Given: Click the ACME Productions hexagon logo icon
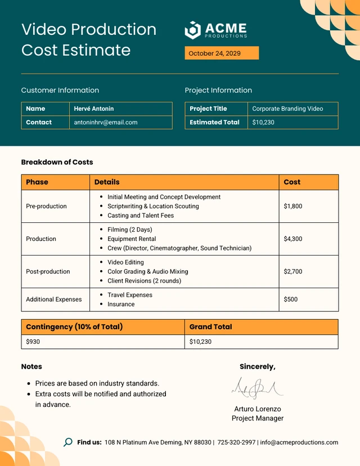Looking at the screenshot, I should tap(193, 30).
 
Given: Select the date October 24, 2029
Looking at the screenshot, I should tap(214, 53).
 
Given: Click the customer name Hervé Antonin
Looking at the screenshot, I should tap(93, 109).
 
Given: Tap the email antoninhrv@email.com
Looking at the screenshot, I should tap(106, 122).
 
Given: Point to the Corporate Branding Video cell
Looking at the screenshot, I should tap(287, 109).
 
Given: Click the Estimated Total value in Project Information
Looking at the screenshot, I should tap(263, 122).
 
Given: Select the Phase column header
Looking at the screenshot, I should tap(37, 182).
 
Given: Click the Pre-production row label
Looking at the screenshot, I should tap(46, 206).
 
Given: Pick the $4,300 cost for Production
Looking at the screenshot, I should tap(293, 239).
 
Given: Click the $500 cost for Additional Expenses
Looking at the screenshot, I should tap(291, 299).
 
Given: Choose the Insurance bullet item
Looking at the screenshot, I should tap(121, 304).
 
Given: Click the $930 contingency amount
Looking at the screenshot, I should tap(33, 342).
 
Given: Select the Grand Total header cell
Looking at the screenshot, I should tap(210, 327).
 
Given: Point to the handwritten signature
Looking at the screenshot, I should tap(256, 388).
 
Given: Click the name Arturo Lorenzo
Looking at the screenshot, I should tap(257, 409).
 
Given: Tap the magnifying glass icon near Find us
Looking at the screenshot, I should tap(68, 442).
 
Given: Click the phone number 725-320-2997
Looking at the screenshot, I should tap(236, 442).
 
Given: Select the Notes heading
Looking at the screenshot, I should tap(31, 366).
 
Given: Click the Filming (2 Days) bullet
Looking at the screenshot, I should tap(129, 230).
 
